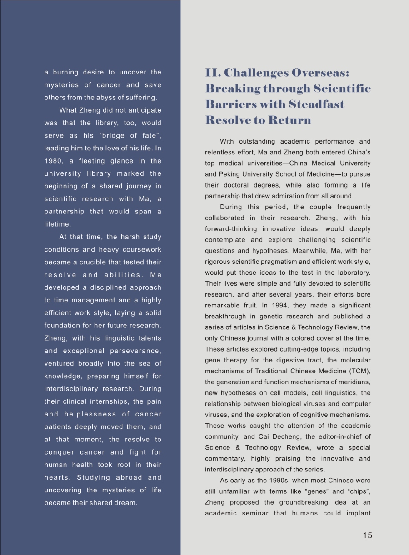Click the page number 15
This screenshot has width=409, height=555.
(x=367, y=535)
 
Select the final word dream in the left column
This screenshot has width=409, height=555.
(x=127, y=503)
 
